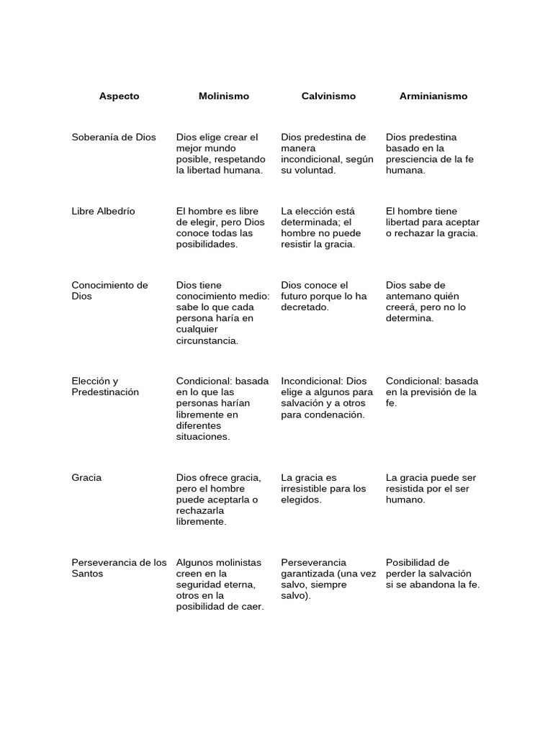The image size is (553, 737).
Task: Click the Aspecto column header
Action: (120, 96)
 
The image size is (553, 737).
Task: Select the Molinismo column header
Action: (224, 96)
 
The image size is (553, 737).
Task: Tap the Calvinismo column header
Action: (328, 96)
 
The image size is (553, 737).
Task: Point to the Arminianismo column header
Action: (433, 96)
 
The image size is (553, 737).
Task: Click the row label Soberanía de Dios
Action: (114, 137)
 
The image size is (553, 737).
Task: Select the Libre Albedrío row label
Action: (103, 211)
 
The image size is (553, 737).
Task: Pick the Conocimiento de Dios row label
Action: (109, 291)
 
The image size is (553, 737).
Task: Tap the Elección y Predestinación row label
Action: (105, 386)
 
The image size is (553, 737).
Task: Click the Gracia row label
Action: (86, 477)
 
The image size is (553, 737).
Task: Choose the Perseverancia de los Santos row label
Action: (119, 568)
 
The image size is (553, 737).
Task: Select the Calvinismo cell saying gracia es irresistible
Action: (323, 488)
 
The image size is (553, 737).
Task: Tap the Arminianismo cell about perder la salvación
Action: (432, 573)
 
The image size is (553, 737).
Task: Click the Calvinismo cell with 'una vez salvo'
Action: (328, 579)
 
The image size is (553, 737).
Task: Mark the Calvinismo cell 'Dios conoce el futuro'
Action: (323, 296)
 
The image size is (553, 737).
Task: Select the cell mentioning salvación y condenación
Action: (326, 397)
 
